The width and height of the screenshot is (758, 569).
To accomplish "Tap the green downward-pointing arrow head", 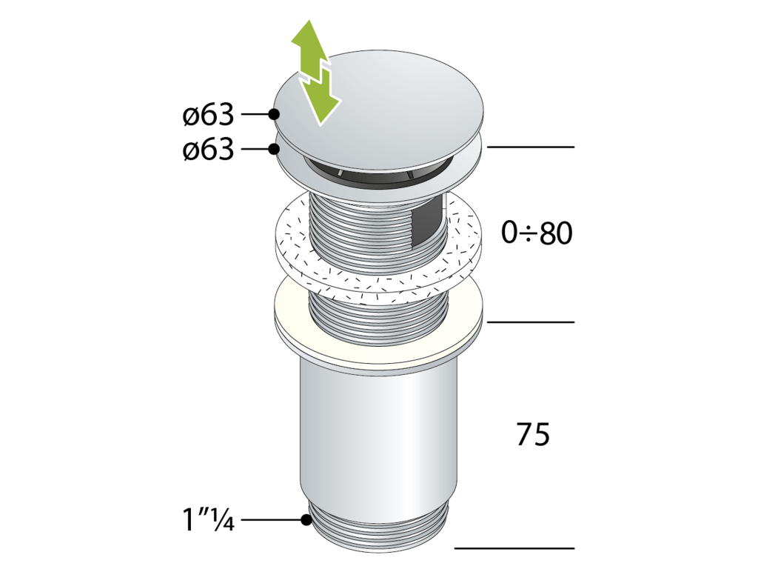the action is tap(321, 104).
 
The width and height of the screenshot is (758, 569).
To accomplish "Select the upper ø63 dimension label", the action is tap(208, 115).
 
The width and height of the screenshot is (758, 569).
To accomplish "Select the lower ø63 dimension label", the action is tap(208, 149).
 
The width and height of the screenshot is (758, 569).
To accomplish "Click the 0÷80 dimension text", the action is tap(537, 233).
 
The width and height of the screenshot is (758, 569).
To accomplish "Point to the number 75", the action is tap(533, 434).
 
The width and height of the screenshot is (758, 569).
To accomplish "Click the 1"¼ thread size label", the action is tap(208, 519).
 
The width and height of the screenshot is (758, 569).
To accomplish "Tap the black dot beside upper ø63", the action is tap(275, 114).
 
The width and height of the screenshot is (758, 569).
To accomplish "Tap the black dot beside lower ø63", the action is tap(275, 148).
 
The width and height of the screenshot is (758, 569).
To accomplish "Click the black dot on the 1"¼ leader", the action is tap(306, 520).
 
